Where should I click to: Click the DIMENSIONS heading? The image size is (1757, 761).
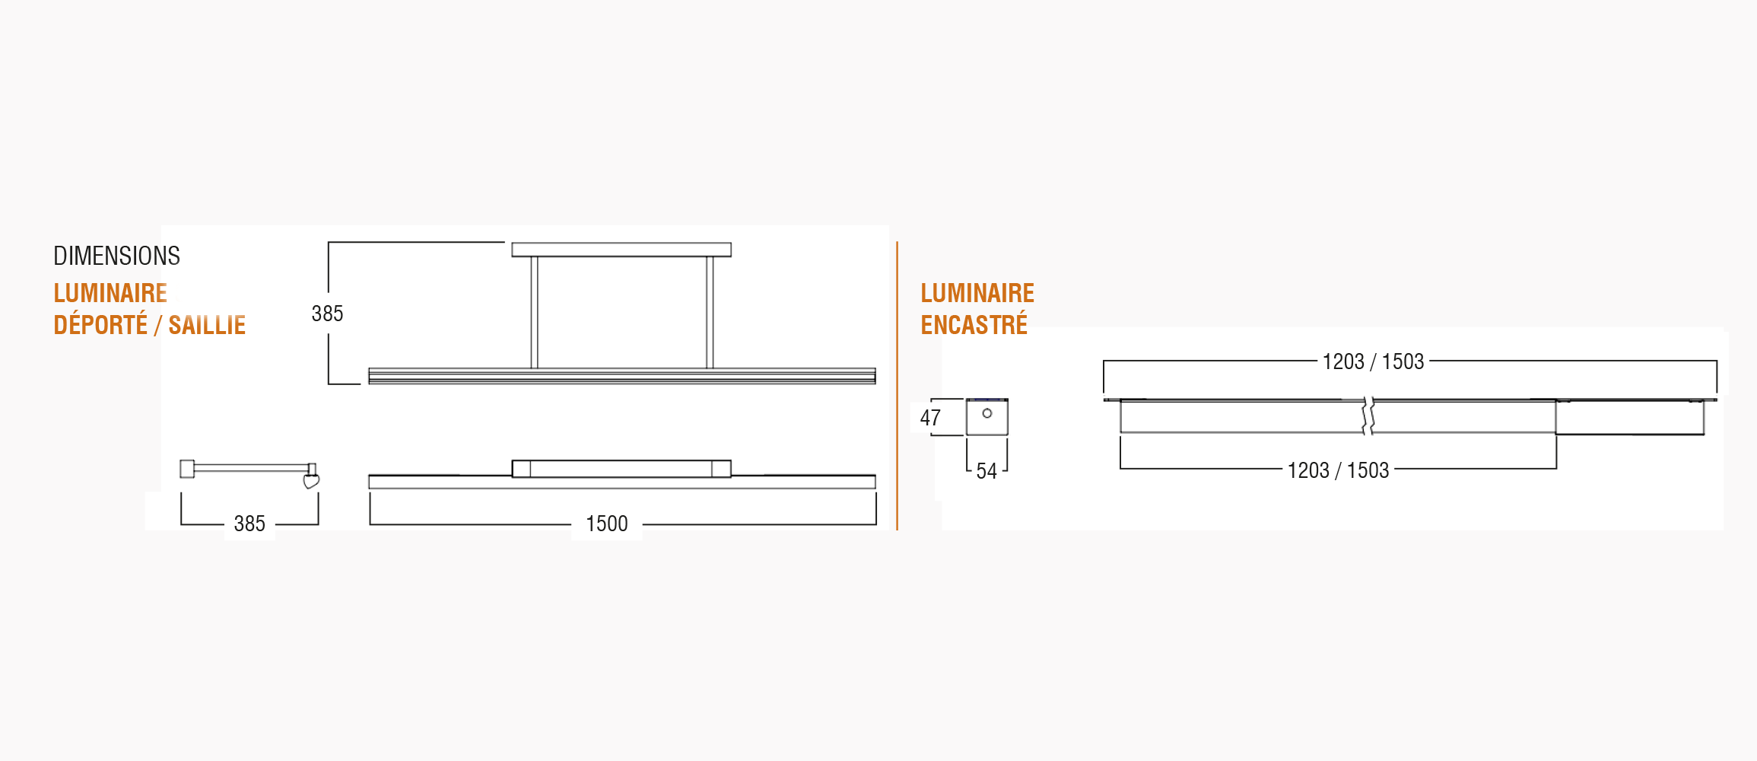(x=116, y=256)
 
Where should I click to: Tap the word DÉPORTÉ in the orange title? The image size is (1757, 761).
(x=100, y=325)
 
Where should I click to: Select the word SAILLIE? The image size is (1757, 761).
(x=207, y=325)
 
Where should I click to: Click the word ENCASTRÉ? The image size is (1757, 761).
(x=974, y=325)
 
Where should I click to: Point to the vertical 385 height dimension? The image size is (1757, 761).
(x=327, y=314)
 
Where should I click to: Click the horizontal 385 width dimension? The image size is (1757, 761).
(x=249, y=524)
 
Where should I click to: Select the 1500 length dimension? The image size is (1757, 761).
(x=607, y=524)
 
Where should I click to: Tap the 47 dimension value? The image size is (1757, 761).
(x=930, y=418)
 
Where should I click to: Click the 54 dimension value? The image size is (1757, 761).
(x=987, y=471)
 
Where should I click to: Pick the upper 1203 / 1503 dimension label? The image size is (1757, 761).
(x=1373, y=361)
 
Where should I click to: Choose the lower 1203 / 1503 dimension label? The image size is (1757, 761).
(x=1338, y=470)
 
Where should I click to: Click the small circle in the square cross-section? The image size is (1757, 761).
(x=987, y=413)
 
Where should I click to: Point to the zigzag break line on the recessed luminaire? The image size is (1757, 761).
(x=1368, y=416)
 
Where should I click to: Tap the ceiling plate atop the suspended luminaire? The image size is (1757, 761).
(x=621, y=250)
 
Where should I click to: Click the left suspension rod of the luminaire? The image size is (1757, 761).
(x=534, y=312)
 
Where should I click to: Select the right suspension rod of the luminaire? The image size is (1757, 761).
(x=710, y=312)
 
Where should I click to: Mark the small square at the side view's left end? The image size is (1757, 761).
(x=187, y=469)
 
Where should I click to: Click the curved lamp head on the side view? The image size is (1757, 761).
(x=311, y=481)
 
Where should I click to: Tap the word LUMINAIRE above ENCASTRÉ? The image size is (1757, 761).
(x=977, y=293)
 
